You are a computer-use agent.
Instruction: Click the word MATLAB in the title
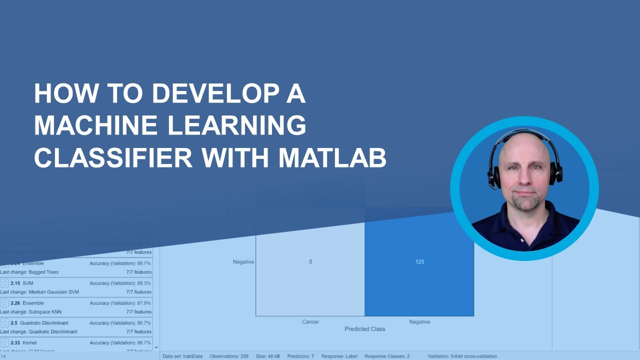coord(332,157)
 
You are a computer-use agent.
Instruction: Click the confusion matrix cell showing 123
coord(419,261)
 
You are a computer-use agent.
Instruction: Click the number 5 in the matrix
coord(310,261)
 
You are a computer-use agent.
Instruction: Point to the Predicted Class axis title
coord(364,329)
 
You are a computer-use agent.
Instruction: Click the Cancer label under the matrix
coord(310,321)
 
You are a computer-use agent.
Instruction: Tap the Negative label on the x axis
coord(419,321)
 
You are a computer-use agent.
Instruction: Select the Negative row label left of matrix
coord(243,261)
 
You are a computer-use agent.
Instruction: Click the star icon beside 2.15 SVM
coord(4,283)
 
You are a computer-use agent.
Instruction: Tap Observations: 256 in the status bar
coord(229,356)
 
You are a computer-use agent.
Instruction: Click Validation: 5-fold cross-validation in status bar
coord(462,356)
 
